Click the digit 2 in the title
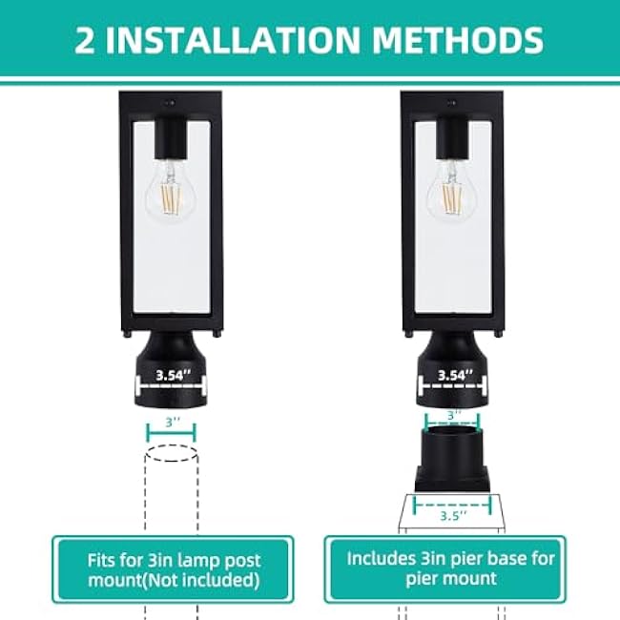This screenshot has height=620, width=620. click(x=87, y=40)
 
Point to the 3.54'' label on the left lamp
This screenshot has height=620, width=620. click(x=170, y=375)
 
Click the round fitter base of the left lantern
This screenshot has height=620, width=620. click(x=170, y=367)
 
